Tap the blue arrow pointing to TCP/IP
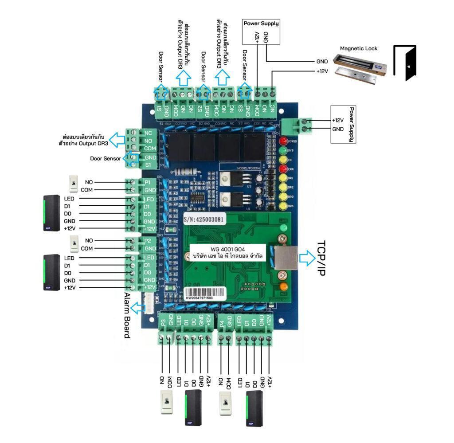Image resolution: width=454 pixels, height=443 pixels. (x=306, y=258)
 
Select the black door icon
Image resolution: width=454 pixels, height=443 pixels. (x=405, y=63)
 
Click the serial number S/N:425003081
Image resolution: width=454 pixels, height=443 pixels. (x=204, y=220)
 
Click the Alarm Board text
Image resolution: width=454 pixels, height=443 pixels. (x=127, y=315)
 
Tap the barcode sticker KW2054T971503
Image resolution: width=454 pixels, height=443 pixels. (x=205, y=294)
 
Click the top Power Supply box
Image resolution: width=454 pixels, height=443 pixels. (x=262, y=31)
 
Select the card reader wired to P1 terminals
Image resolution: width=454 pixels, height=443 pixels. (x=50, y=213)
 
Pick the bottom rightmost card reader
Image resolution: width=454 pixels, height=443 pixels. (x=254, y=408)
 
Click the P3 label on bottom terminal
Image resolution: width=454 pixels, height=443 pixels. (x=163, y=322)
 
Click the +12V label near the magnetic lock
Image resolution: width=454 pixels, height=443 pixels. (x=322, y=71)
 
